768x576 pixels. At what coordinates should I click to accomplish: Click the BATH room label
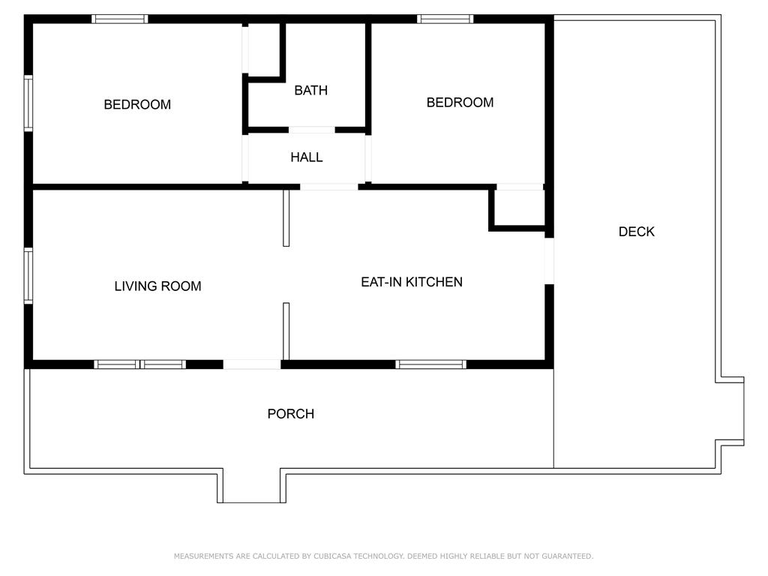(310, 90)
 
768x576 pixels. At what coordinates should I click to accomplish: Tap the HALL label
(307, 157)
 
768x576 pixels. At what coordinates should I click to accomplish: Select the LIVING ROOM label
(157, 286)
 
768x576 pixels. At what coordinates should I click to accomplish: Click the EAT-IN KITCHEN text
(412, 282)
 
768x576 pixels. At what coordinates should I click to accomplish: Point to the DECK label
(636, 232)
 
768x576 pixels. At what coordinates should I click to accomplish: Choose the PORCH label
(291, 414)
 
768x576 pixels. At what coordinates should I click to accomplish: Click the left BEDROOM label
(137, 104)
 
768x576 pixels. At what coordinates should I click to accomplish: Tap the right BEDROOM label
(460, 103)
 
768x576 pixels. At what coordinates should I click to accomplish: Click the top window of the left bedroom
(120, 19)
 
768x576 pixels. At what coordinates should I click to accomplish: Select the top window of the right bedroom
(445, 19)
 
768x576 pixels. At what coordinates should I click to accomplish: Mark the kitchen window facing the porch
(431, 364)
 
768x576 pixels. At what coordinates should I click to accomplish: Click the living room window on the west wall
(28, 275)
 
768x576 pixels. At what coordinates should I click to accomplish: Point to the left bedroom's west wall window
(28, 103)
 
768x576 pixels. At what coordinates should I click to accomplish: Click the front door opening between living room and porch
(252, 364)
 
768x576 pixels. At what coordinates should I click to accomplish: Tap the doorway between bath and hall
(311, 130)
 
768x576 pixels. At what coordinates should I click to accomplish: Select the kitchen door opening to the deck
(549, 260)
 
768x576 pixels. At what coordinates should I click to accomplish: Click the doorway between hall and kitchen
(328, 187)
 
